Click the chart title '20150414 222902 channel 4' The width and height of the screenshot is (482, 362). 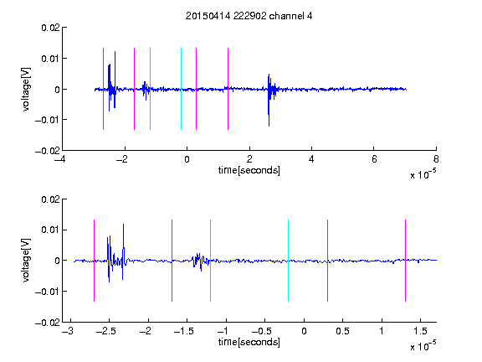(249, 16)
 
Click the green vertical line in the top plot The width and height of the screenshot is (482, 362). (150, 89)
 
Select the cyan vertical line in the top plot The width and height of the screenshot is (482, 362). (181, 89)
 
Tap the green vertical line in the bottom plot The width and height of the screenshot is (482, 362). (210, 261)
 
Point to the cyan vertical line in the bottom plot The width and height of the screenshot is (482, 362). (288, 261)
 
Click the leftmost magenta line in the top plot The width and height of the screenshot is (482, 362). (103, 89)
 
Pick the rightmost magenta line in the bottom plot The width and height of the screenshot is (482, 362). (405, 261)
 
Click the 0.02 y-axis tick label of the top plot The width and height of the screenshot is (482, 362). (50, 28)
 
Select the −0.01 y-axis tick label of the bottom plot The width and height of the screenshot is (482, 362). (48, 292)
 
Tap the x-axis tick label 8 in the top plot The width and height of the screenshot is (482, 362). (436, 159)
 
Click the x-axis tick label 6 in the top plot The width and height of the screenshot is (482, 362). (374, 159)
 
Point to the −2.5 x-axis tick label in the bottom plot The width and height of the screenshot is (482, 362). (105, 331)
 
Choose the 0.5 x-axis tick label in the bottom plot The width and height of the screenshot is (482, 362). (342, 331)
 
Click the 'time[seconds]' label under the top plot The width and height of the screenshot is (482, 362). (249, 170)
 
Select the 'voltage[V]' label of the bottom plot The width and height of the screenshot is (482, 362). (27, 261)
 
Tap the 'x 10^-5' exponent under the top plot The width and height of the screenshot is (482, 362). (423, 174)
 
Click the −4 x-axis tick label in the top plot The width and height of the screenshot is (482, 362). (60, 159)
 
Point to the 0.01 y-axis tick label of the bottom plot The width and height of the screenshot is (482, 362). (50, 230)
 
